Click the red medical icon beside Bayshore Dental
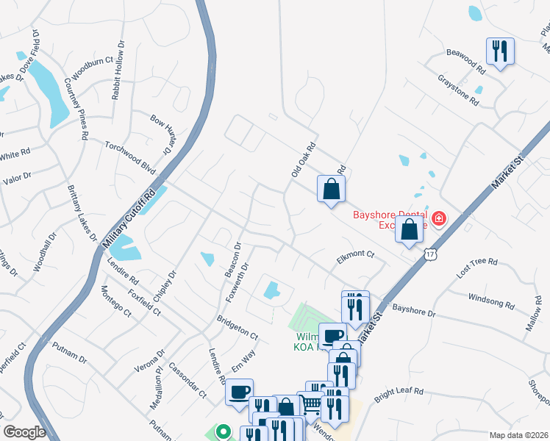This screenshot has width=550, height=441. (439, 218)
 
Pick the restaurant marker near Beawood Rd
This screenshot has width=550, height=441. (500, 51)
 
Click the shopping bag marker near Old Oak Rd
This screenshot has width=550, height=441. (331, 189)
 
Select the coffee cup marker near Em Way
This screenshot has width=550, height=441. (240, 392)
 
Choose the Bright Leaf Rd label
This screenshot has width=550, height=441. (399, 395)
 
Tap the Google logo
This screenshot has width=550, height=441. (24, 432)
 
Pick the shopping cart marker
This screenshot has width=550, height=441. (312, 403)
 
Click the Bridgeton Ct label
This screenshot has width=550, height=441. (238, 327)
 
